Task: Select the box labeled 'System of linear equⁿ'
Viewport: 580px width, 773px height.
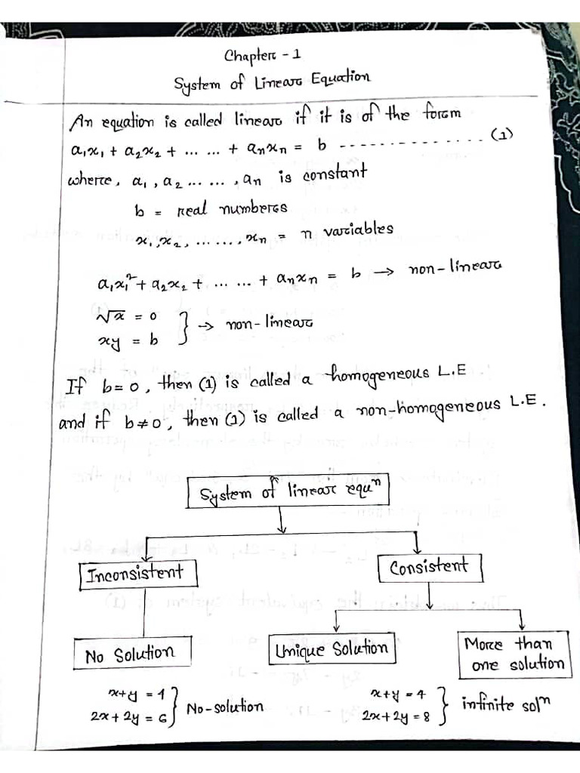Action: pos(290,494)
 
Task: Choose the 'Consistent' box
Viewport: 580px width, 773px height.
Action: pos(428,566)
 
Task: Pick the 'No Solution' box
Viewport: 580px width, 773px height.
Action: pos(129,654)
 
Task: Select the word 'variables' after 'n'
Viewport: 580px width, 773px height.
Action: pos(358,229)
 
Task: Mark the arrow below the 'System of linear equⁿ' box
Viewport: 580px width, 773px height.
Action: pos(281,520)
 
